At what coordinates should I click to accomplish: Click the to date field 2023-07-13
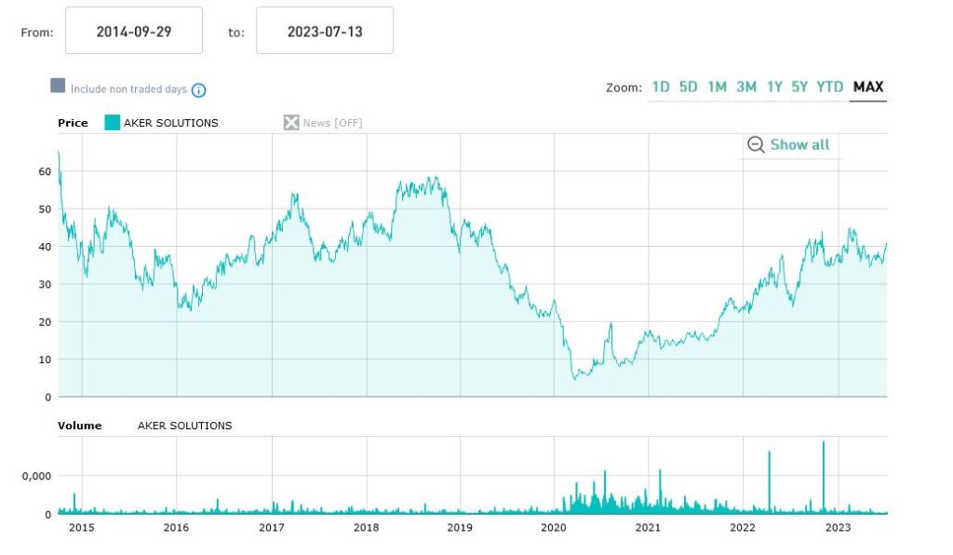tap(325, 32)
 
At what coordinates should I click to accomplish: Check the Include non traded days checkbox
tap(58, 87)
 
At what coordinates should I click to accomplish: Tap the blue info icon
tap(198, 90)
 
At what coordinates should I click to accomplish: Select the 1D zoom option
tap(661, 88)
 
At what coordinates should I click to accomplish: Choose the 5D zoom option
tap(688, 88)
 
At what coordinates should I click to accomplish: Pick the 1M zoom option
tap(717, 88)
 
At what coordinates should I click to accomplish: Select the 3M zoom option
tap(746, 88)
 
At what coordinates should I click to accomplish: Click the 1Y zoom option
tap(774, 88)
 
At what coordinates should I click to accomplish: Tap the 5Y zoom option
tap(799, 88)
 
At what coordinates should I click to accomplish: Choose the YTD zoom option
tap(830, 88)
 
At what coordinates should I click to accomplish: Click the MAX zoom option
tap(868, 88)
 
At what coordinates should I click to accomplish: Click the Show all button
tap(789, 145)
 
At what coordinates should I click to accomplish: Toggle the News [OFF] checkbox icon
tap(291, 123)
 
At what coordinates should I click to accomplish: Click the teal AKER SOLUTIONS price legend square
tap(112, 123)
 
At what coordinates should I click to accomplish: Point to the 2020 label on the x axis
tap(554, 528)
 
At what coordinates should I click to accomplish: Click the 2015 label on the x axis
tap(82, 528)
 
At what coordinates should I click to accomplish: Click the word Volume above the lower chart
tap(80, 426)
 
